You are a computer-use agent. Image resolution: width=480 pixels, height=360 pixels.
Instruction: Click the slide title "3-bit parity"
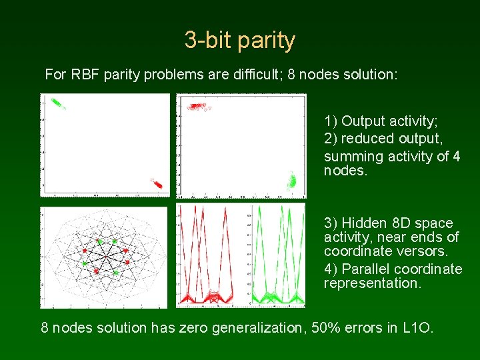pyautogui.click(x=239, y=41)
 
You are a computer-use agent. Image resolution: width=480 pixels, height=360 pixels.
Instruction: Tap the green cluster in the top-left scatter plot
pyautogui.click(x=57, y=103)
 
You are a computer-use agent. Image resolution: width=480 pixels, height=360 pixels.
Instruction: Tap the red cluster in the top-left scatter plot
pyautogui.click(x=157, y=183)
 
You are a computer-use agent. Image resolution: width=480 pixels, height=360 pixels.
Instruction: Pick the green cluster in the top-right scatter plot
pyautogui.click(x=291, y=181)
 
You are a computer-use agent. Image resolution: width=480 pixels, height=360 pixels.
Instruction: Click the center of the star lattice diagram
pyautogui.click(x=105, y=257)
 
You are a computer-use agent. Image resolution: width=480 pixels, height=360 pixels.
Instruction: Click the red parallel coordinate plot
pyautogui.click(x=210, y=257)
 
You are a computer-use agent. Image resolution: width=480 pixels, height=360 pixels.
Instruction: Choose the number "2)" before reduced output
pyautogui.click(x=331, y=139)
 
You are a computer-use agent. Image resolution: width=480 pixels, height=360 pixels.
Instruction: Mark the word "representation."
pyautogui.click(x=372, y=283)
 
